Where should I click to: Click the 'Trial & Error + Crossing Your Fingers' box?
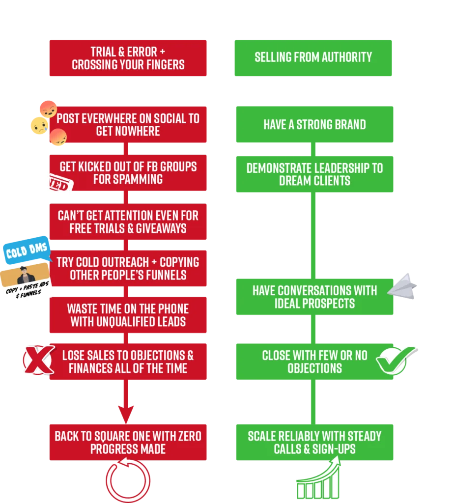128,58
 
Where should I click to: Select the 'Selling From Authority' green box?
313,58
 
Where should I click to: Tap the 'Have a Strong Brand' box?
315,125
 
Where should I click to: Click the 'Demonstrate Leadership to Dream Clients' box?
315,174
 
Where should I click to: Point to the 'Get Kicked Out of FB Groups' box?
128,173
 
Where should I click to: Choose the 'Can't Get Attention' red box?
128,222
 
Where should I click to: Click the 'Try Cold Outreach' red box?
128,268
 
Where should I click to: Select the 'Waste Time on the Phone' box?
128,315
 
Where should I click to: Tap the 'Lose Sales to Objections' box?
128,362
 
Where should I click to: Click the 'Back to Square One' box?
128,442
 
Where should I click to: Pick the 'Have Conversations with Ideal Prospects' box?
315,297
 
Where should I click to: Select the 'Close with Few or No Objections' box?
315,362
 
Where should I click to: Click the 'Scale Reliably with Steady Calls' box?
315,442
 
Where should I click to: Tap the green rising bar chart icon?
318,480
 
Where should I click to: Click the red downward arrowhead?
126,413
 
